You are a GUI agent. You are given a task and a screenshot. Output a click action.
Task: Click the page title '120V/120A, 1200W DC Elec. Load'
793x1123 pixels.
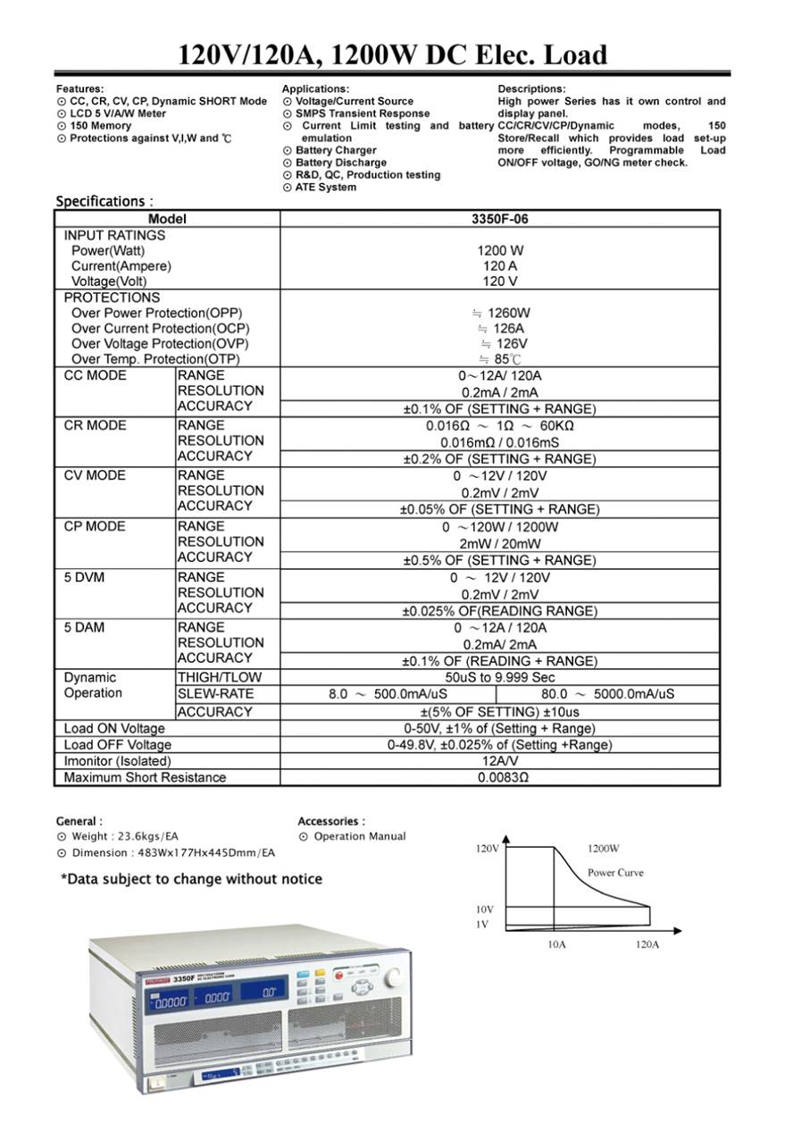[x=393, y=54]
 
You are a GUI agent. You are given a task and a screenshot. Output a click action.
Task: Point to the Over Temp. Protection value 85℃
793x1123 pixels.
[x=502, y=359]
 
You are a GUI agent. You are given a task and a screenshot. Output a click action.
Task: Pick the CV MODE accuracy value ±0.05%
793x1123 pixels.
[x=499, y=509]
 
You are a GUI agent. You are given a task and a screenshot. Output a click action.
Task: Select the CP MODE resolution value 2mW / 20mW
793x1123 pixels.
[x=499, y=543]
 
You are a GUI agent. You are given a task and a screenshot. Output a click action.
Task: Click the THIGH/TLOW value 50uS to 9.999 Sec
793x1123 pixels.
[x=499, y=678]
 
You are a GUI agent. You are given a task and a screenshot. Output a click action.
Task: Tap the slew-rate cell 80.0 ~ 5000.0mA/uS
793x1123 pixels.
[x=607, y=694]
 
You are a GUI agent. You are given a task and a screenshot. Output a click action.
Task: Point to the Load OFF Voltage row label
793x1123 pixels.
[x=117, y=745]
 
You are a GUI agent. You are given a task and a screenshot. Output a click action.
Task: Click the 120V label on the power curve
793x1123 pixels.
[x=488, y=849]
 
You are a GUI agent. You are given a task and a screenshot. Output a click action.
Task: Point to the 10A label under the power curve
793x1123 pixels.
[x=556, y=944]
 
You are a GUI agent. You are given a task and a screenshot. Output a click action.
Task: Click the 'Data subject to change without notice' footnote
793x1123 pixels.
[x=191, y=879]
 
